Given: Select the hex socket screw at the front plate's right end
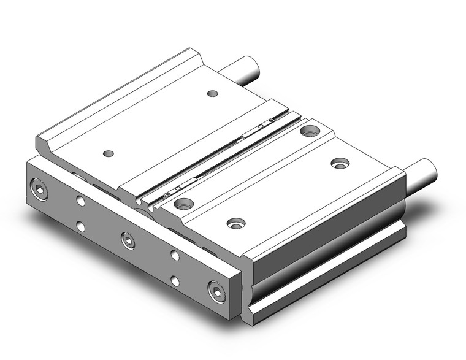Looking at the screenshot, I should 216,291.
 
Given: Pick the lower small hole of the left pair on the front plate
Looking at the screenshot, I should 81,226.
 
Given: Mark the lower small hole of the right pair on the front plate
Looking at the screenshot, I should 175,281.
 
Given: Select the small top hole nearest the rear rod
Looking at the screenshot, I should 212,93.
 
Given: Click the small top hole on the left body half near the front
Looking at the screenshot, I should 109,153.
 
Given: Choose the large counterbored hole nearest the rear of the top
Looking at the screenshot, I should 309,131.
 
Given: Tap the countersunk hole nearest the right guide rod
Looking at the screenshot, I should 340,163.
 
